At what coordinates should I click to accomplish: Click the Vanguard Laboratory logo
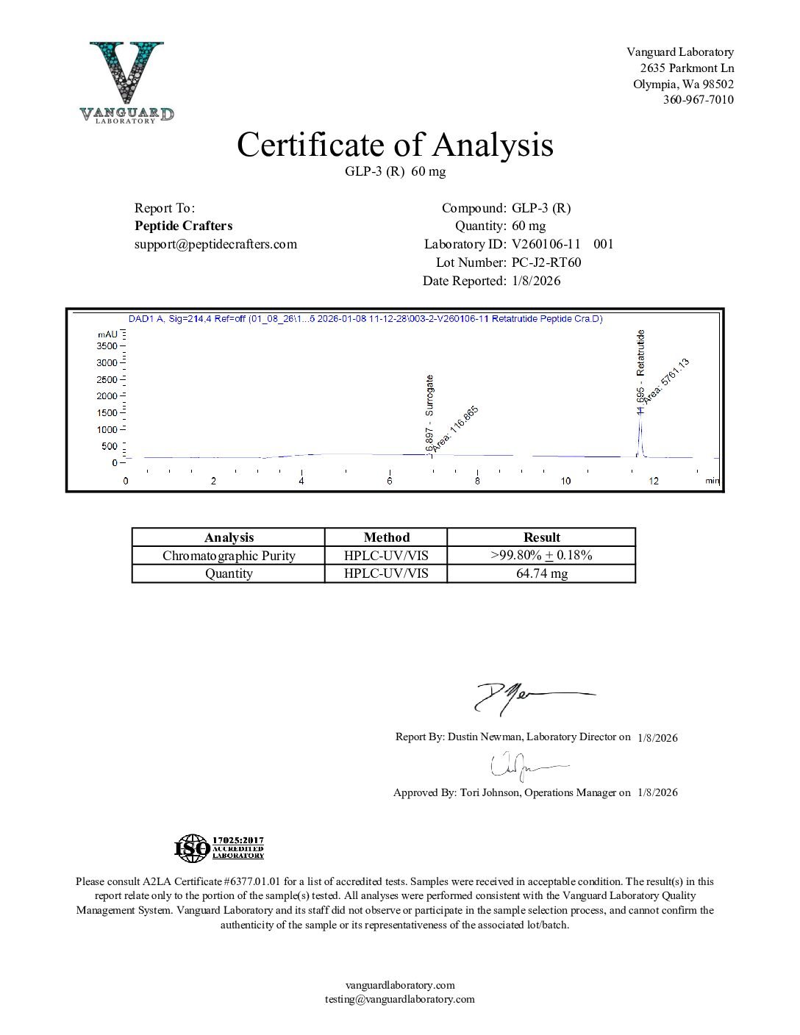coord(126,82)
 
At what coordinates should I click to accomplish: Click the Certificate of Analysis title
coord(395,145)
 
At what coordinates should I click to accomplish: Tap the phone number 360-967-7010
coord(698,100)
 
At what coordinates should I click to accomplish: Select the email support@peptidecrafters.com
coord(215,244)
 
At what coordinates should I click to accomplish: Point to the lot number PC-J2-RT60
coord(546,262)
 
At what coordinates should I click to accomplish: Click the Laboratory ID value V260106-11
coord(546,244)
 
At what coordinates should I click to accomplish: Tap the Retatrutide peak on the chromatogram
coord(640,434)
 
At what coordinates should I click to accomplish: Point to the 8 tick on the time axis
coord(477,481)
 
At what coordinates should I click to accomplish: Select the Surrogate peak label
coord(429,395)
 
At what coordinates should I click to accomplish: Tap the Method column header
coord(386,537)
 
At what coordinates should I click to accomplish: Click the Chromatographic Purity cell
coord(229,556)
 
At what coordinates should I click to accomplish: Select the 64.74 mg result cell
coord(541,573)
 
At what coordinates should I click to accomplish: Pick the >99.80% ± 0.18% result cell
coord(541,555)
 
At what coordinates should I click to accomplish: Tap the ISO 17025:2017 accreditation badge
coord(219,848)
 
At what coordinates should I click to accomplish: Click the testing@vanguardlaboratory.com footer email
coord(400,999)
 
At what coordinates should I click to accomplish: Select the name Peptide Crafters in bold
coord(183,226)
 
